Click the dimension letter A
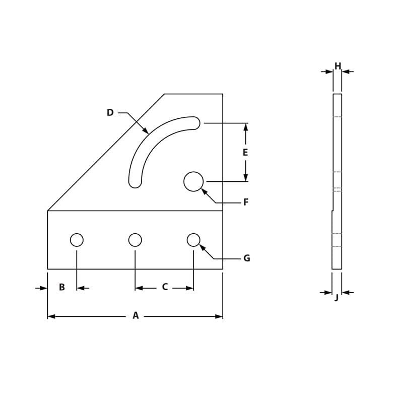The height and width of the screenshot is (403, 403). [x=136, y=316]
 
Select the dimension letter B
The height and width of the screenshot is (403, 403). [x=62, y=287]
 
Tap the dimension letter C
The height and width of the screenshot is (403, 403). [x=165, y=287]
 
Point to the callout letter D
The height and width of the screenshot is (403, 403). [x=110, y=113]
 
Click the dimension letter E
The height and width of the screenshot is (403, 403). [x=245, y=152]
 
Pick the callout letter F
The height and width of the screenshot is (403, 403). [x=246, y=202]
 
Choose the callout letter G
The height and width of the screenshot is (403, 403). [x=246, y=258]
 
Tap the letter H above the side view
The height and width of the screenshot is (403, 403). [x=338, y=66]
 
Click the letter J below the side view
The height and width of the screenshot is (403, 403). [x=337, y=298]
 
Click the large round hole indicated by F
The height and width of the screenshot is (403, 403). [x=193, y=181]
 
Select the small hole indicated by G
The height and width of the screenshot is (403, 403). [x=193, y=240]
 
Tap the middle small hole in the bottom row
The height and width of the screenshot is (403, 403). [x=135, y=240]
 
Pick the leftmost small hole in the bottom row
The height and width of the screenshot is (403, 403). [x=77, y=240]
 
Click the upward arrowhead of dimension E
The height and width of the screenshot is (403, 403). [x=245, y=127]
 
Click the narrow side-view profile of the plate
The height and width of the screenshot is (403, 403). [x=337, y=181]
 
